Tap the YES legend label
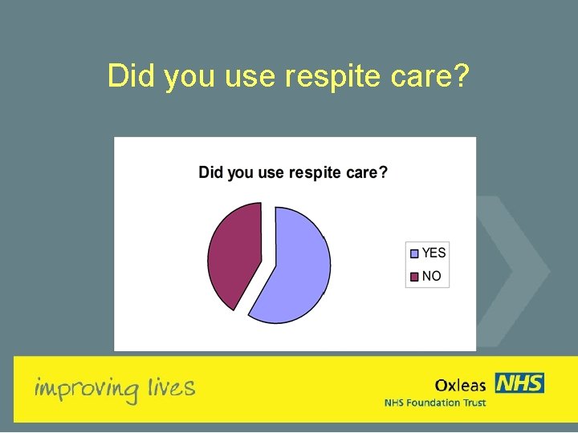coord(433,253)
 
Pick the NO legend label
coord(431,276)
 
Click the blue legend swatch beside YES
coord(414,253)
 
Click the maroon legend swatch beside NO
coord(414,277)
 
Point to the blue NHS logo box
coord(519,383)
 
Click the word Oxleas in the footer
coord(460,386)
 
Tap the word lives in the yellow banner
coord(171,388)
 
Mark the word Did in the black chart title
coord(210,172)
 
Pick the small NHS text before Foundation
coord(395,403)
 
